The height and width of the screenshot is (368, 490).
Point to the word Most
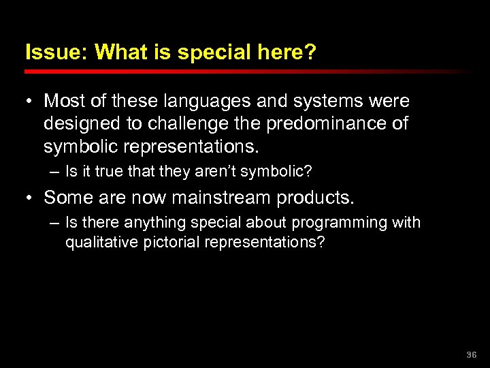click(63, 102)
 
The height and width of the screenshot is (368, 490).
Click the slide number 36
click(472, 355)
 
